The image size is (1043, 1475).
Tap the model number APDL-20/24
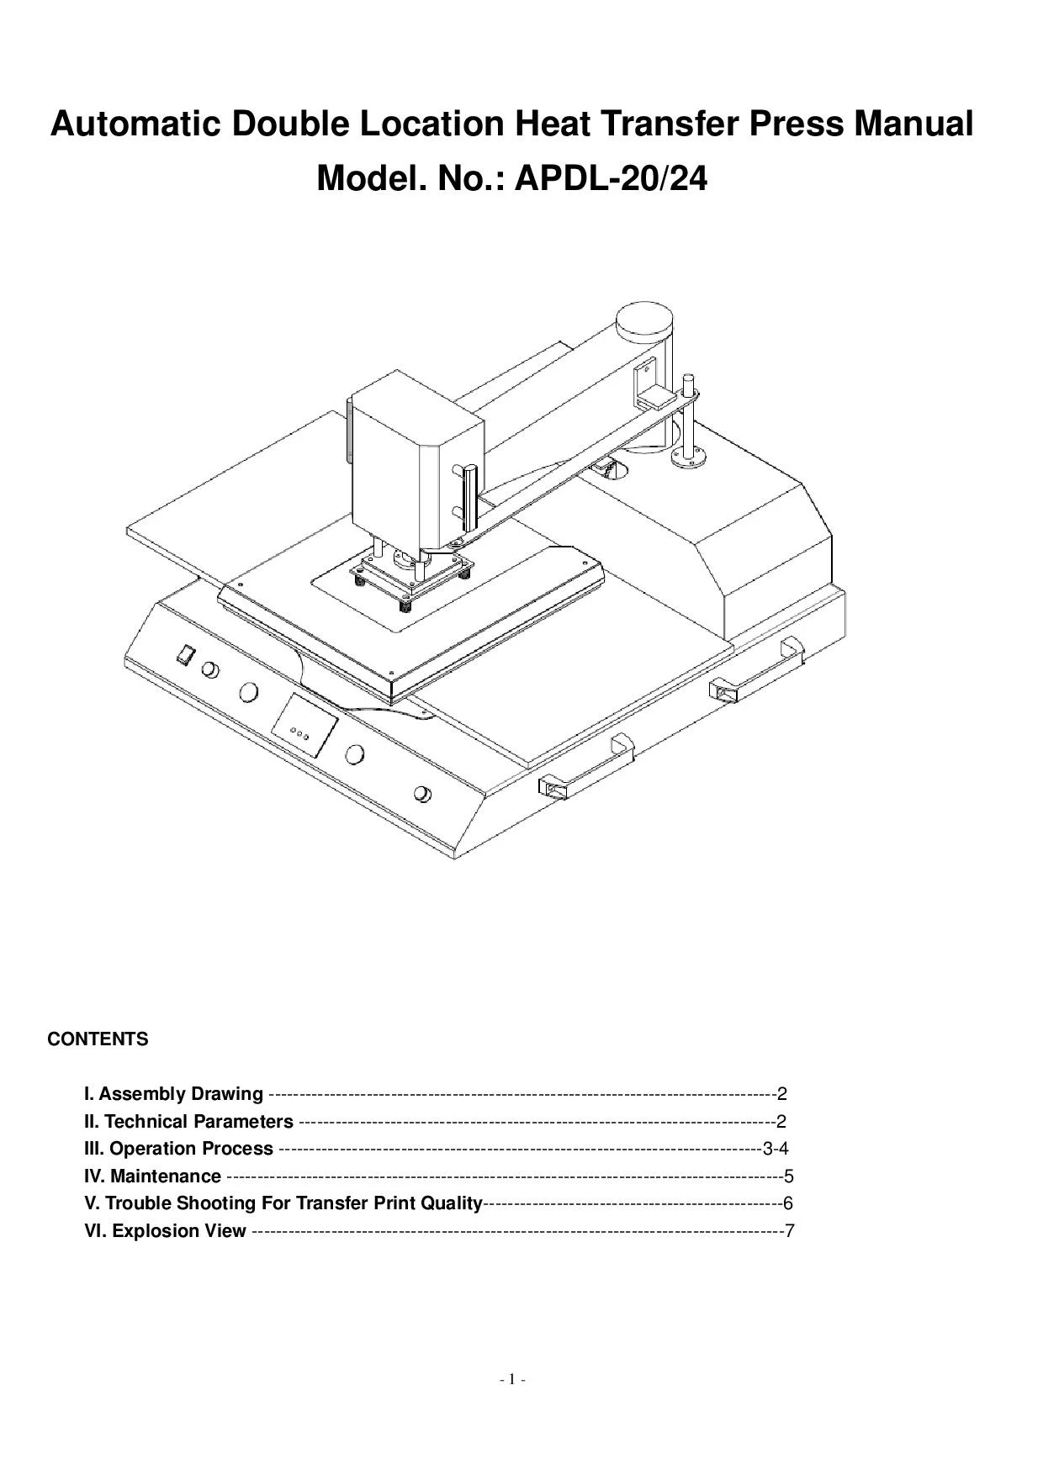click(611, 178)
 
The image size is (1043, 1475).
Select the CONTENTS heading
click(98, 1039)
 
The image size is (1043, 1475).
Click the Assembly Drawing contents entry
click(174, 1094)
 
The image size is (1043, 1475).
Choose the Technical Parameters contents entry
click(189, 1122)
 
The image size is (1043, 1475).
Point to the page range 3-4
click(775, 1149)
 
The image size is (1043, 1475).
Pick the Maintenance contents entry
click(153, 1176)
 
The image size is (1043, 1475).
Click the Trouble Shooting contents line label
click(283, 1203)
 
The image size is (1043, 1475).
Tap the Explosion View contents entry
click(166, 1231)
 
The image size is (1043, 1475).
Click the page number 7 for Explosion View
click(788, 1231)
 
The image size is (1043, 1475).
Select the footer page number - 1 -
click(512, 1379)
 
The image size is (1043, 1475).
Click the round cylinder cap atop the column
click(645, 320)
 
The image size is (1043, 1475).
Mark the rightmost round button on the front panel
click(423, 795)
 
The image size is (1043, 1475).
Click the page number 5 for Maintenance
click(788, 1176)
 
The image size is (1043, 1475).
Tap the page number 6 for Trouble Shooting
click(787, 1203)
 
